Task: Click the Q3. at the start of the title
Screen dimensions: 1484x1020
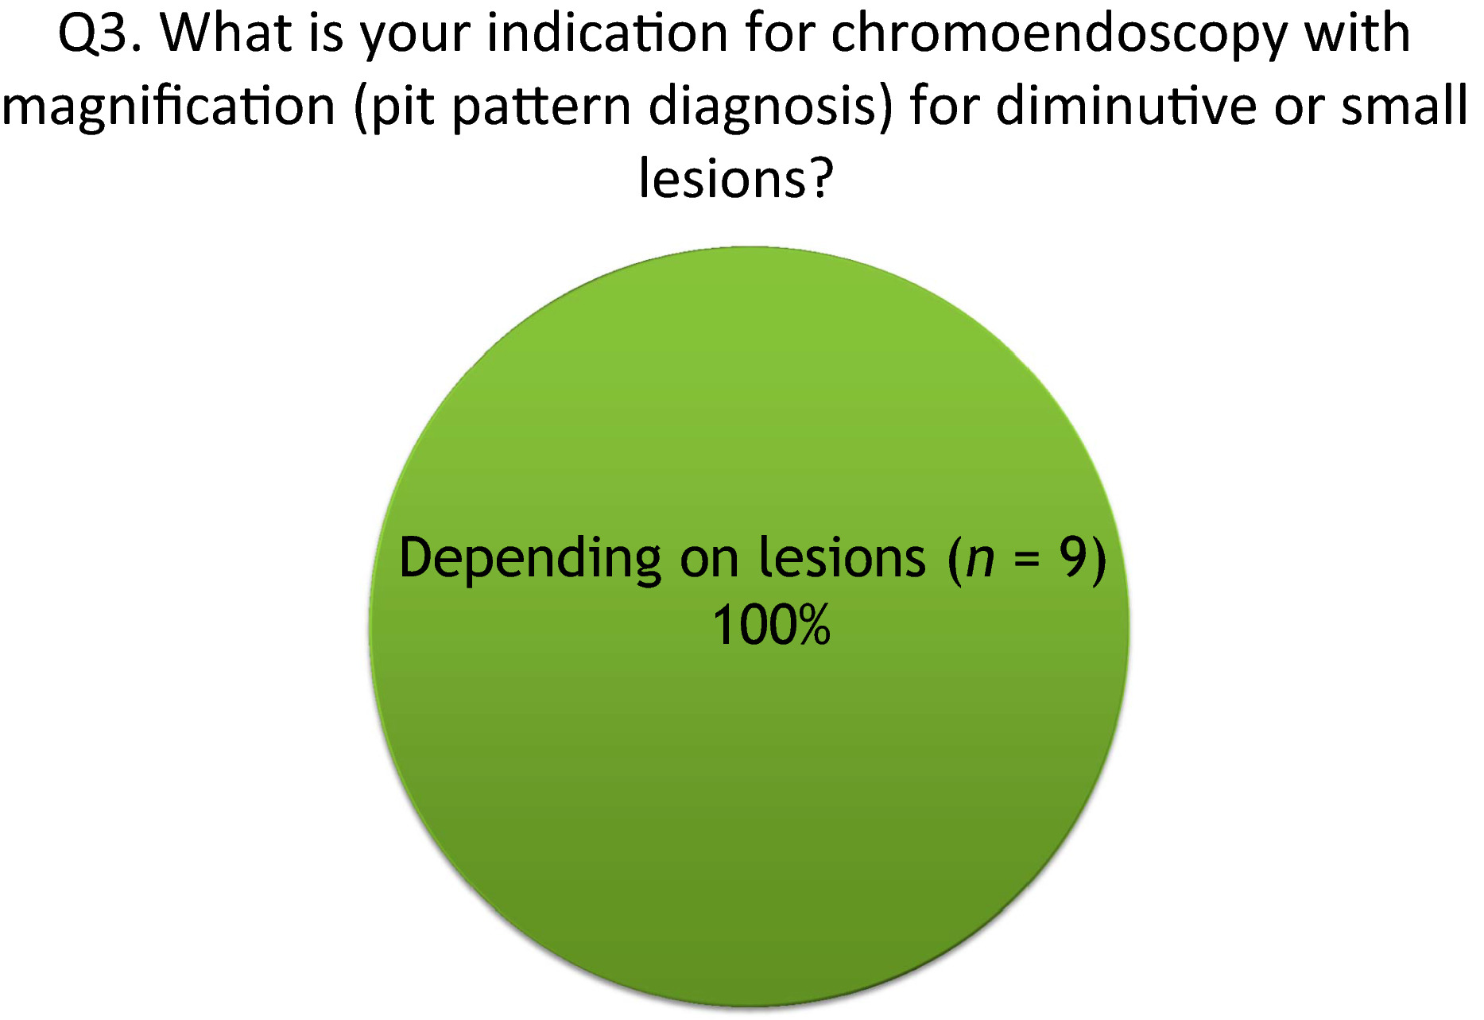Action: click(x=100, y=34)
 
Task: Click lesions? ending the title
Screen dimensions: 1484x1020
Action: click(x=736, y=178)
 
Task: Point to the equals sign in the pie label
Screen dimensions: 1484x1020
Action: click(x=1027, y=560)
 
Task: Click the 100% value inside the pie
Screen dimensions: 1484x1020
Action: click(x=771, y=626)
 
